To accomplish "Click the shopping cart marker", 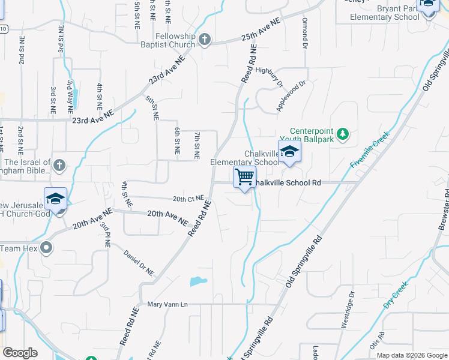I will coord(244,178).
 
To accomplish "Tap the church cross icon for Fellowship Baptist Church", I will coord(205,40).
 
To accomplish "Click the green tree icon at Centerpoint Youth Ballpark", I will coord(343,134).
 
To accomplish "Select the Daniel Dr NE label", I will coord(139,263).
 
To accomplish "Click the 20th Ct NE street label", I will coord(188,199).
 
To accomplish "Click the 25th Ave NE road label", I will coord(262,29).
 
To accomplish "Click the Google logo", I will coord(20,353).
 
